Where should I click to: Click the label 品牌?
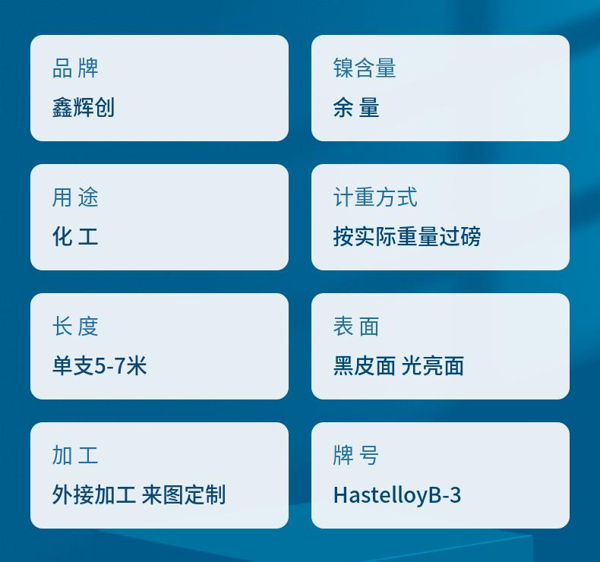[x=75, y=68]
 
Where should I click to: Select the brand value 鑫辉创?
[x=84, y=107]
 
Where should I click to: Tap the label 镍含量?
[x=365, y=68]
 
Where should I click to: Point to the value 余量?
[x=356, y=107]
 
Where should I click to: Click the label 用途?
[x=75, y=197]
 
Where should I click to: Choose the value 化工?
[x=75, y=236]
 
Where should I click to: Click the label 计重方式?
[x=375, y=197]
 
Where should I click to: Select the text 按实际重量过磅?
[x=407, y=236]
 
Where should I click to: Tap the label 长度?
[x=75, y=327]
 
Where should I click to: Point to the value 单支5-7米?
[x=99, y=365]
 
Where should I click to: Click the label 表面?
[x=356, y=327]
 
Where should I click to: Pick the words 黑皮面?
[x=365, y=365]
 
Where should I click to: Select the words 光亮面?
[x=433, y=365]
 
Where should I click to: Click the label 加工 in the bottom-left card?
[x=75, y=456]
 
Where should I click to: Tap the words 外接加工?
[x=94, y=494]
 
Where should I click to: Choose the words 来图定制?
[x=184, y=494]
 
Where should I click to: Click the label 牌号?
[x=356, y=456]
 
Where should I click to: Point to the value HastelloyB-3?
[x=397, y=495]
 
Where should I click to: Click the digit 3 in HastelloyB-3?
[x=455, y=495]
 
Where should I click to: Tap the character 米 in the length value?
[x=137, y=365]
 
